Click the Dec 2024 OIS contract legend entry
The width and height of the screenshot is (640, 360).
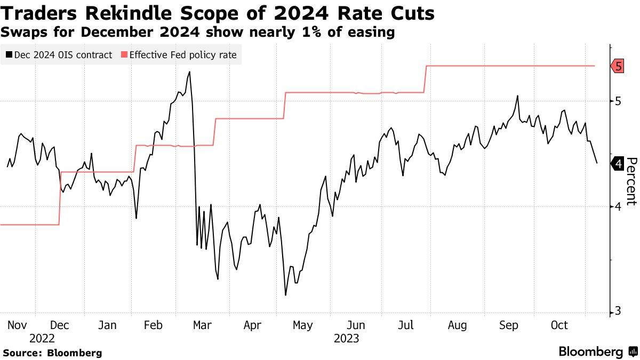click(x=59, y=55)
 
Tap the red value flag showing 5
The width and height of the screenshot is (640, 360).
click(x=617, y=66)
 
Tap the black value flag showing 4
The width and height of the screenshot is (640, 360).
click(x=617, y=164)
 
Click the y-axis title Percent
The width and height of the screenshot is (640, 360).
click(x=631, y=181)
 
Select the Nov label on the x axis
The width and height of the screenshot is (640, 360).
click(x=18, y=325)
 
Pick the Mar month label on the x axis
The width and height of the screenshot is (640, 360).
click(x=202, y=325)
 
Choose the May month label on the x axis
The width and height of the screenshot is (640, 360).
click(x=303, y=325)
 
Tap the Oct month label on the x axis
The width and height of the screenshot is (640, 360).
click(x=559, y=325)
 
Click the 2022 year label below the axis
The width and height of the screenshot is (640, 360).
click(x=42, y=338)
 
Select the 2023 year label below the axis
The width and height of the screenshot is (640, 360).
click(x=346, y=338)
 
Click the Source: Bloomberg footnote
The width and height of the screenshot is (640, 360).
click(x=52, y=353)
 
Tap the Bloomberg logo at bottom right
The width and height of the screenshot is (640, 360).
click(x=597, y=352)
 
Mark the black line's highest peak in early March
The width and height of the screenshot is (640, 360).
click(x=189, y=71)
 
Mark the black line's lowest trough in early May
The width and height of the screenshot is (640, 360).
click(x=286, y=295)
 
